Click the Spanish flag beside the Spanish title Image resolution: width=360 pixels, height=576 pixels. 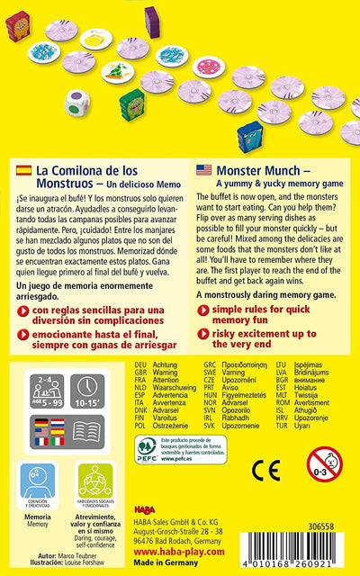(21, 170)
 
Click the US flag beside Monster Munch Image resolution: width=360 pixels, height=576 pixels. (202, 170)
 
